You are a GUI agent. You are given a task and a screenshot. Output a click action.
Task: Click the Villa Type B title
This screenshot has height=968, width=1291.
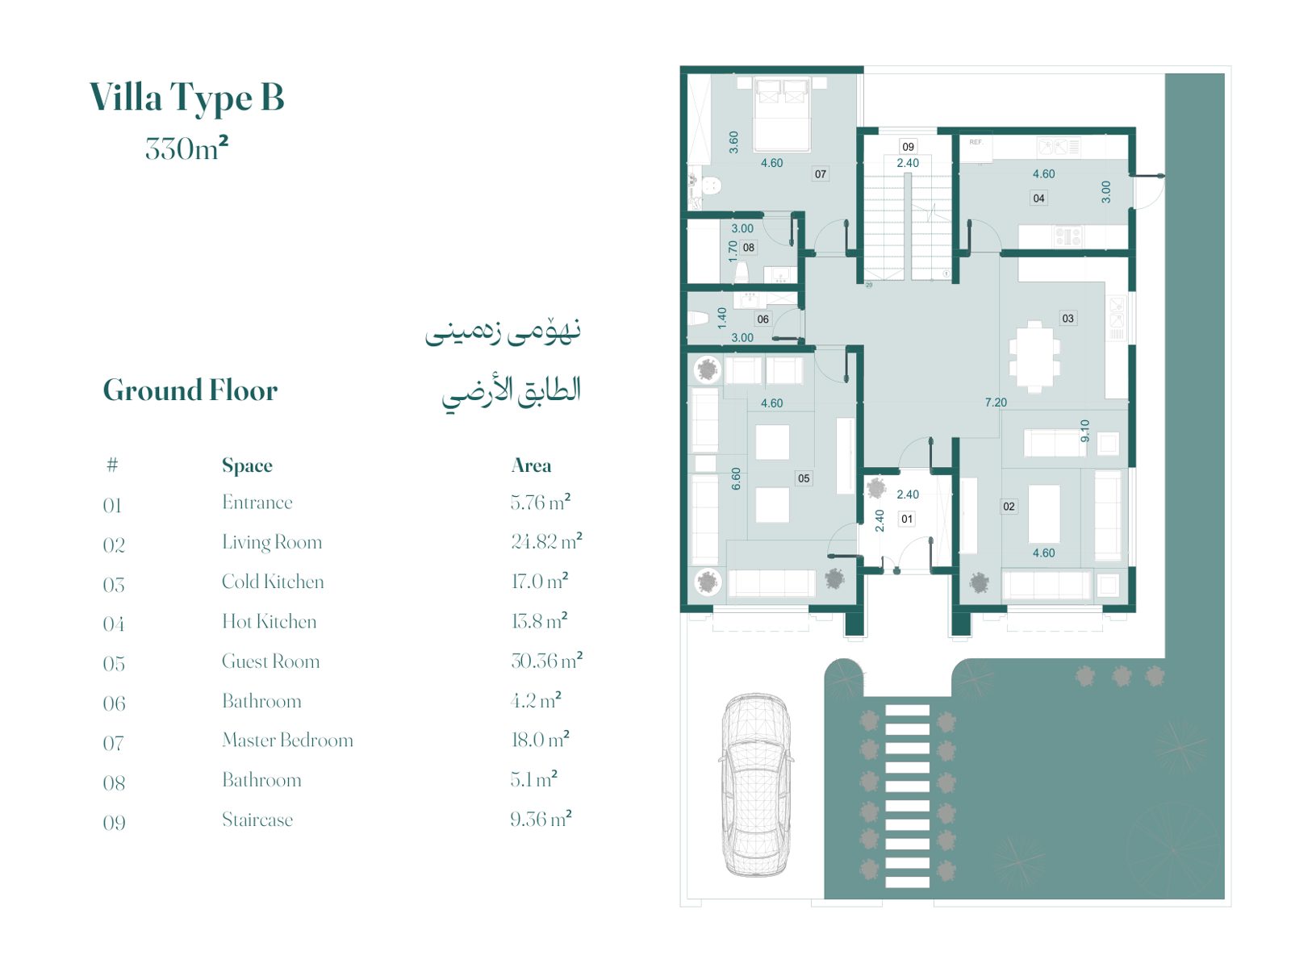[x=186, y=97]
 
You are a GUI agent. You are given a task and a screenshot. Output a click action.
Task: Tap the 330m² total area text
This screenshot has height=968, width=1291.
[x=186, y=148]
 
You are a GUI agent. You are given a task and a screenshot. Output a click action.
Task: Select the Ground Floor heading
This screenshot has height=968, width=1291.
[x=190, y=390]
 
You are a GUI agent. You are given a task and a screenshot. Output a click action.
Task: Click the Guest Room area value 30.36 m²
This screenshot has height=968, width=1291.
[x=546, y=661]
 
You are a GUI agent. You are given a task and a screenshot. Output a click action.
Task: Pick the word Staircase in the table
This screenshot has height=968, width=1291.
[x=257, y=820]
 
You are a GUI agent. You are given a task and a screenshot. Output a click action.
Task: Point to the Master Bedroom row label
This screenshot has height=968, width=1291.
[x=287, y=740]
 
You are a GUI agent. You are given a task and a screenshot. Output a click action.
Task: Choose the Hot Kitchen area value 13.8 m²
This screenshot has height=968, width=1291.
[x=539, y=620]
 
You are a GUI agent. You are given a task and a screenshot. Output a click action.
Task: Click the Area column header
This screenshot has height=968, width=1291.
[x=531, y=465]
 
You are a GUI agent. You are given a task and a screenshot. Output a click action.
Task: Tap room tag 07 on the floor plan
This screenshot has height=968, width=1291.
[x=820, y=174]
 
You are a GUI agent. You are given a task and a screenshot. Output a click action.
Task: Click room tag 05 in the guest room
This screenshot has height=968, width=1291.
[x=804, y=478]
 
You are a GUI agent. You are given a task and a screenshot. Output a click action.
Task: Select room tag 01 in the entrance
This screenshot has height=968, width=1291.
[x=906, y=519]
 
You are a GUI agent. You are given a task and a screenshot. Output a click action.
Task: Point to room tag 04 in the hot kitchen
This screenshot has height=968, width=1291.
[x=1038, y=198]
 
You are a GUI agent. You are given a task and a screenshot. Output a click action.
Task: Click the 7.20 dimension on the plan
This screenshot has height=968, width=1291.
[x=996, y=403]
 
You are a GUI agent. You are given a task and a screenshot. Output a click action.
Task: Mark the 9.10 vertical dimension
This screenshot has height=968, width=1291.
[x=1085, y=431]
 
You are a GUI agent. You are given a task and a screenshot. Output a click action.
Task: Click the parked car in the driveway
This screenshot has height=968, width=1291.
[x=756, y=785]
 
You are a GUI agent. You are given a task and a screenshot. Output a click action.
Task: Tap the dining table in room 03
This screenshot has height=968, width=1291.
[x=1034, y=357]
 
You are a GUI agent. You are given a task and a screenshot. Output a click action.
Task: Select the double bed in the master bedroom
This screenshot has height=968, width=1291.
[x=782, y=114]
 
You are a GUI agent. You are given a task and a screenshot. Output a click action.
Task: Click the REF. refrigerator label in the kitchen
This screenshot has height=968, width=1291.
[x=976, y=142]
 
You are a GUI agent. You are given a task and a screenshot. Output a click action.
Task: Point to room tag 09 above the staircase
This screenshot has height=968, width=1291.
[x=908, y=147]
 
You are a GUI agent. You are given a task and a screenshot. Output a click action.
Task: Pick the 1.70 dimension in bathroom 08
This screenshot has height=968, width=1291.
[x=733, y=251]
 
